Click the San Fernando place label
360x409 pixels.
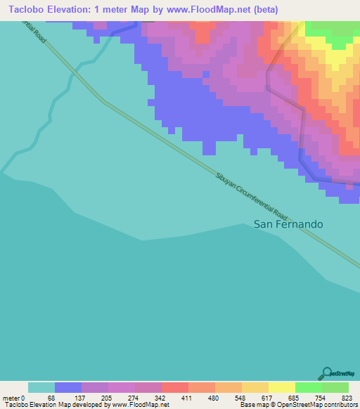coord(288,224)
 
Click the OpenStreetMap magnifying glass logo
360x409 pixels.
coord(326,374)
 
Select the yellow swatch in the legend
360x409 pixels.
coord(281,387)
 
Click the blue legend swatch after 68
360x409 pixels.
coord(68,387)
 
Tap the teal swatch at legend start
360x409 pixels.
coord(41,387)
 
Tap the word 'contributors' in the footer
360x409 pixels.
coord(338,405)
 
